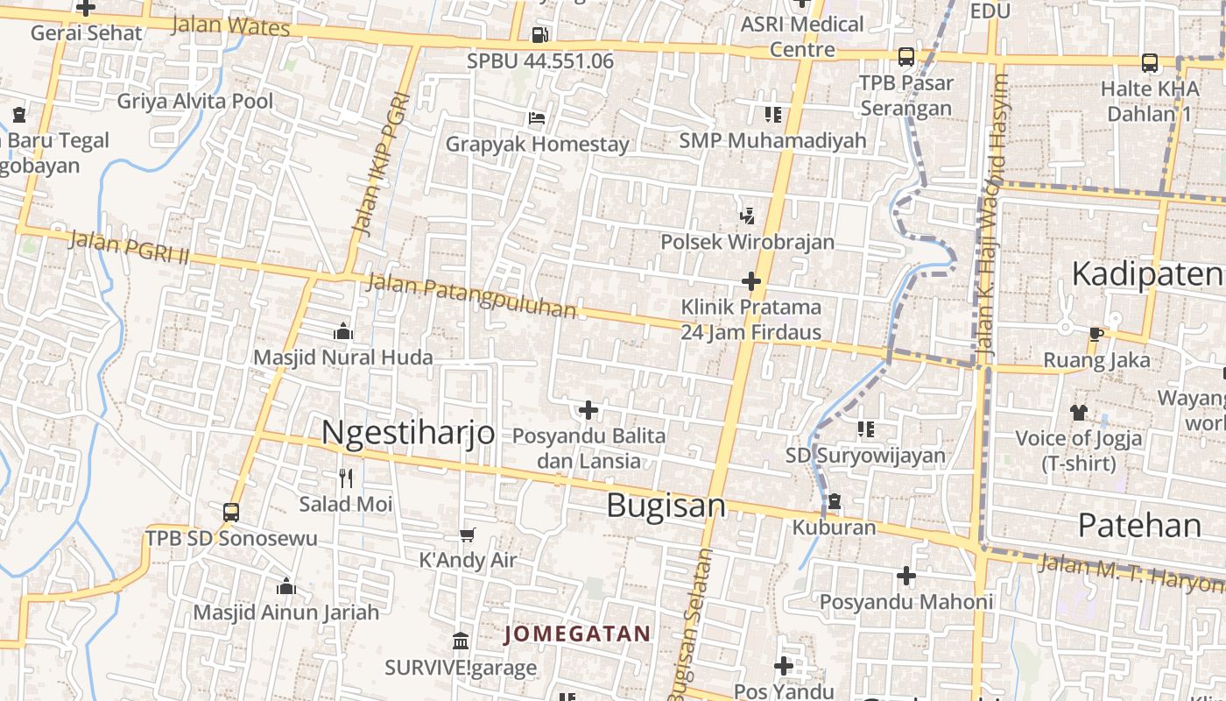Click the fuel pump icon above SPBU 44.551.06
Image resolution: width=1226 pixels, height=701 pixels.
[x=539, y=35]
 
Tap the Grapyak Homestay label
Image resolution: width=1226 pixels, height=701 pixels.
[x=537, y=144]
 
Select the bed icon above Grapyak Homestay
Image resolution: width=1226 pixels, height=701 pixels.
[x=537, y=118]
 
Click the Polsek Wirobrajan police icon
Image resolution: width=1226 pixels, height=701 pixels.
[x=747, y=216]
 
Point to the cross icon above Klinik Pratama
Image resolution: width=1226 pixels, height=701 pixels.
[x=750, y=281]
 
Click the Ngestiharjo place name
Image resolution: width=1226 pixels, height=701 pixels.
[x=408, y=432]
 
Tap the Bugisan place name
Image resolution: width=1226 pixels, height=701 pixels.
[x=666, y=506]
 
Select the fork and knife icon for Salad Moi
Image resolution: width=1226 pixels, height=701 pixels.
[x=346, y=478]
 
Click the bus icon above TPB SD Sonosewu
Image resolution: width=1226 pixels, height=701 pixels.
[x=231, y=512]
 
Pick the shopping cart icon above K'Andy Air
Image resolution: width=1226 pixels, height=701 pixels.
[x=467, y=535]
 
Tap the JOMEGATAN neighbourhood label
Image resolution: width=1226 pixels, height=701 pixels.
[x=578, y=634]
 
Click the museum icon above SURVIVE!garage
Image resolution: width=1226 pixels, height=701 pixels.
[x=461, y=641]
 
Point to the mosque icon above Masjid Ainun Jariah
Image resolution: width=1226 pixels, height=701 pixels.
[x=285, y=586]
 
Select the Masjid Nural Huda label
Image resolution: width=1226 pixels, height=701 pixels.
[x=342, y=358]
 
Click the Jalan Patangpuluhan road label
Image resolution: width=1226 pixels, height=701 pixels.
[x=471, y=295]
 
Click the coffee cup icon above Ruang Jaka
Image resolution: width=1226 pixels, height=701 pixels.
[x=1096, y=333]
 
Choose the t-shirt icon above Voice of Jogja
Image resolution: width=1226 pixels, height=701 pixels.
[x=1078, y=412]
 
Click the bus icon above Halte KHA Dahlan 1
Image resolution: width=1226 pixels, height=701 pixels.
[x=1149, y=63]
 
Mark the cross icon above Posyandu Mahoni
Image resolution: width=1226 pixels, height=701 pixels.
[x=906, y=576]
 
